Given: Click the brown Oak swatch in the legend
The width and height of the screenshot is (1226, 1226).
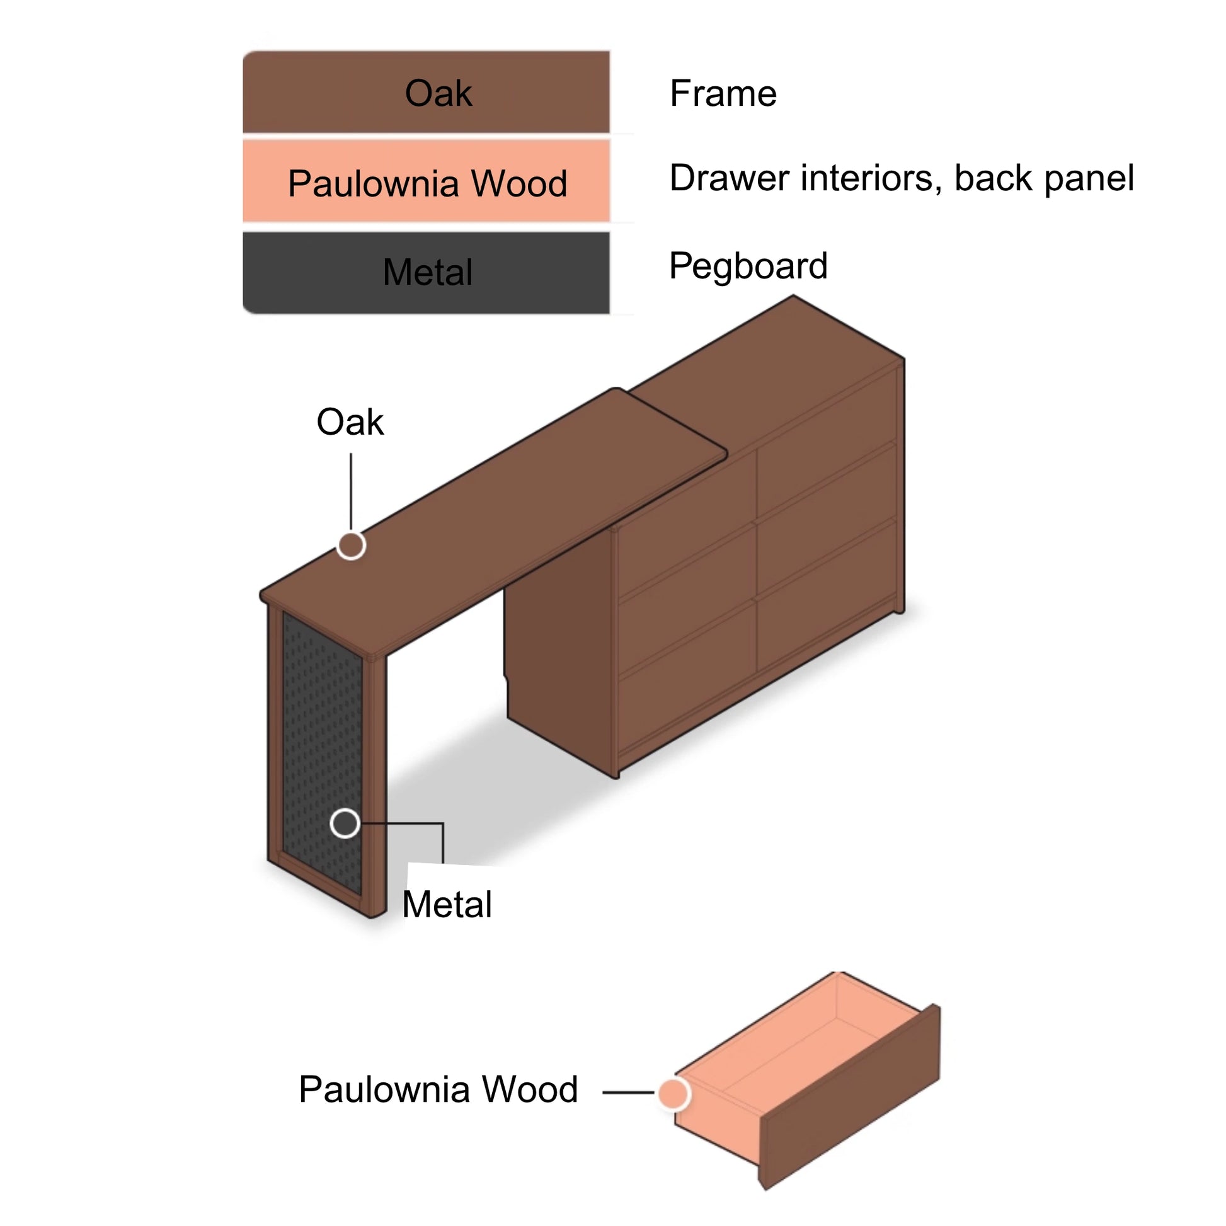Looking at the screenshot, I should click(426, 93).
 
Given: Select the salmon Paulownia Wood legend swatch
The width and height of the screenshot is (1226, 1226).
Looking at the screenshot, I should click(426, 182).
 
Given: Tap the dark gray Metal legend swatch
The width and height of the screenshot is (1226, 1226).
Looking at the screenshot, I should click(426, 272).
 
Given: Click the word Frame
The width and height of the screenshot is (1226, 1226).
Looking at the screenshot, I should click(723, 94).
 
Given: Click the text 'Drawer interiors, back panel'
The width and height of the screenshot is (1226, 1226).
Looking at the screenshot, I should click(901, 178).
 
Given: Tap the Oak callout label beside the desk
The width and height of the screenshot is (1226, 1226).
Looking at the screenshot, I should click(350, 422).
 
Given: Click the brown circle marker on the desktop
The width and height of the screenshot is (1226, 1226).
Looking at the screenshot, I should click(350, 545).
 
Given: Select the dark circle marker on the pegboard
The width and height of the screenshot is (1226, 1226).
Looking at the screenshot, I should click(345, 823).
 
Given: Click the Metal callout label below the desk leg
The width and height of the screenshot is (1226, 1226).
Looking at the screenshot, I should click(447, 904).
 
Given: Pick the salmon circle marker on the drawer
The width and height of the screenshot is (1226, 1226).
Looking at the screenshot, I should click(673, 1092).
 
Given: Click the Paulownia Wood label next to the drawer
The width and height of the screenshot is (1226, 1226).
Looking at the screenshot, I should click(438, 1089).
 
